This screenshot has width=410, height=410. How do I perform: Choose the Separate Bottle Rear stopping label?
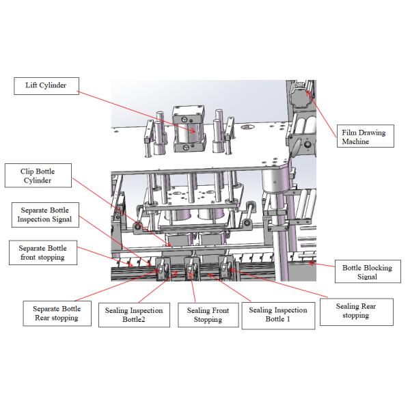(x=57, y=314)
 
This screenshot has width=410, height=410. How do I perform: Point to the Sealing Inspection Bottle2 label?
(x=134, y=315)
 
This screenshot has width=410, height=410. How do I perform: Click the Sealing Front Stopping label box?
(x=208, y=315)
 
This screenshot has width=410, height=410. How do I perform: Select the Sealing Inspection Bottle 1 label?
(x=278, y=314)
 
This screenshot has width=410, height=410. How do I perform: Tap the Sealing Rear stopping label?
(x=355, y=311)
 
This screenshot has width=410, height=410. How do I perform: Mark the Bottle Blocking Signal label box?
(x=368, y=273)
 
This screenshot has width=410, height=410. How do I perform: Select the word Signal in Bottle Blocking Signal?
(x=368, y=277)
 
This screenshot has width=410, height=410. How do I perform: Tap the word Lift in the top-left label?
(x=32, y=85)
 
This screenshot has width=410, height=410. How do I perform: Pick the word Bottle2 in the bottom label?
(x=133, y=320)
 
